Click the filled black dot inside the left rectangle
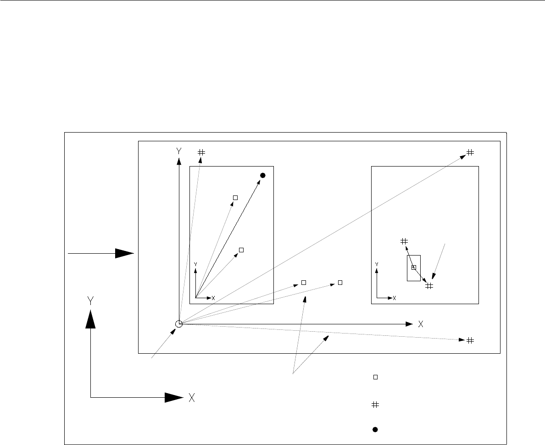(x=263, y=175)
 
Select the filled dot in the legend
(x=375, y=429)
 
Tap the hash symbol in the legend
(x=375, y=405)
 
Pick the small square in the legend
(x=375, y=377)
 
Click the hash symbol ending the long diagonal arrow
(x=470, y=152)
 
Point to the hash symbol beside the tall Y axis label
(x=201, y=152)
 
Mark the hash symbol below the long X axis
(x=470, y=340)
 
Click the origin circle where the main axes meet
(x=179, y=324)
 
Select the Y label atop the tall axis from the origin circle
(x=178, y=150)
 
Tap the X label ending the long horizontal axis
(x=421, y=324)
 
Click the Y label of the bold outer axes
(x=91, y=300)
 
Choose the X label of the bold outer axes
(x=192, y=398)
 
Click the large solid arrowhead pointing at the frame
(x=124, y=253)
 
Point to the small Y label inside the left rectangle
(x=195, y=264)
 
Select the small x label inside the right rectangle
(x=394, y=298)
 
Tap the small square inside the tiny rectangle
(x=413, y=267)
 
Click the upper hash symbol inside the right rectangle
(x=404, y=241)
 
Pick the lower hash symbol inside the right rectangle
(x=429, y=286)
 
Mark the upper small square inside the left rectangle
(x=235, y=198)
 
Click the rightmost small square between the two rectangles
(x=340, y=283)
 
